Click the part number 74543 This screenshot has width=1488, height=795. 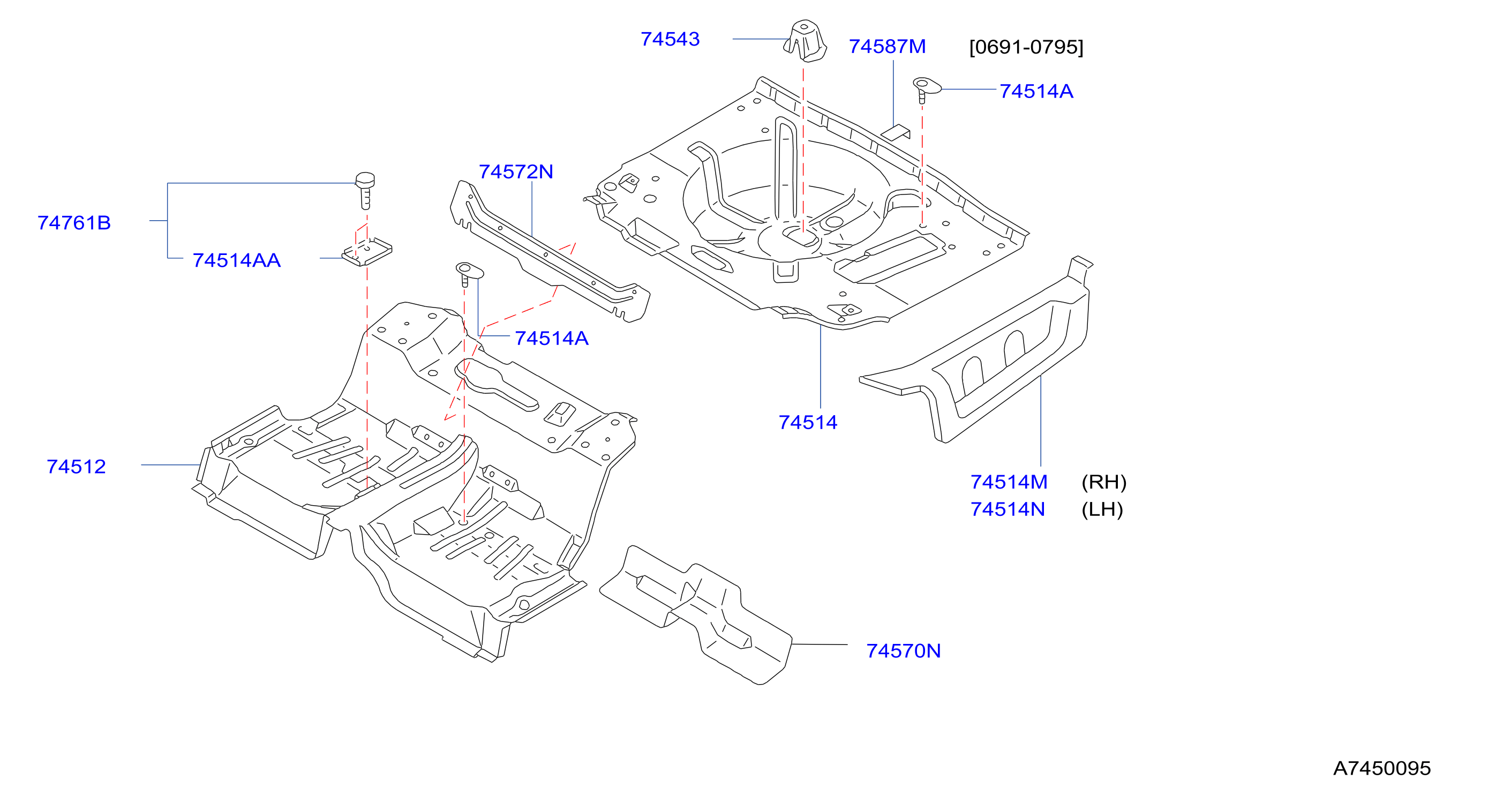click(x=670, y=39)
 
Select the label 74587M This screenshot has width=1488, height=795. click(x=887, y=47)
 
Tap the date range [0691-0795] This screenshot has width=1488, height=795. click(x=1026, y=47)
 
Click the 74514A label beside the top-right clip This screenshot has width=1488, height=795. click(x=1036, y=91)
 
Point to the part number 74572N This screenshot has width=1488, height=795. click(x=516, y=171)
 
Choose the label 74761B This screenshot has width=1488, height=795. click(x=74, y=223)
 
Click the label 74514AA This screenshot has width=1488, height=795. click(x=237, y=260)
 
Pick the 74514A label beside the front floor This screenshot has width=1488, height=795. click(x=552, y=339)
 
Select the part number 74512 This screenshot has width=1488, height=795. click(x=76, y=467)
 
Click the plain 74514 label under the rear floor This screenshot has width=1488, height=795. click(x=808, y=422)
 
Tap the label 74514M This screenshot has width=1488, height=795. click(x=1009, y=482)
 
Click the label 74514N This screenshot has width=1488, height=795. click(x=1008, y=509)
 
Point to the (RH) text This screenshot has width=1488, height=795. click(x=1104, y=482)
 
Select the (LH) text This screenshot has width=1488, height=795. click(x=1102, y=509)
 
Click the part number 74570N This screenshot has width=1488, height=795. click(x=904, y=651)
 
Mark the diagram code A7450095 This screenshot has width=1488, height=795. click(x=1382, y=768)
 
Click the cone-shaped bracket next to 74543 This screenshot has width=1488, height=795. click(x=805, y=40)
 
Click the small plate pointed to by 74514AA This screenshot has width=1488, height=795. click(x=367, y=252)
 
